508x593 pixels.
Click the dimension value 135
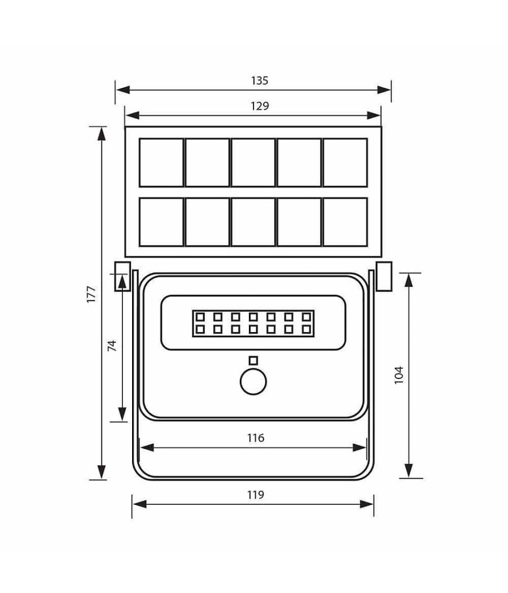[x=260, y=80]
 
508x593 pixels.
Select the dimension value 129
[x=260, y=106]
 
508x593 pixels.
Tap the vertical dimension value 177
[x=91, y=295]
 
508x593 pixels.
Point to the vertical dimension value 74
[x=111, y=346]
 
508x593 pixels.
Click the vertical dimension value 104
[x=399, y=376]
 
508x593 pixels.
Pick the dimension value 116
[x=256, y=437]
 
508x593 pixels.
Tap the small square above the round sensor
[x=253, y=360]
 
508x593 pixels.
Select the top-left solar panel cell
[x=161, y=163]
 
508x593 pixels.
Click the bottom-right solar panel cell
[x=345, y=221]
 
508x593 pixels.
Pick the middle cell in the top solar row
[x=253, y=163]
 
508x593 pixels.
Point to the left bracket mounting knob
[x=121, y=276]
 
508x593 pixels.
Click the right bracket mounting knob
[x=384, y=276]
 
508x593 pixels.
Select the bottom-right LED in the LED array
[x=306, y=328]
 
